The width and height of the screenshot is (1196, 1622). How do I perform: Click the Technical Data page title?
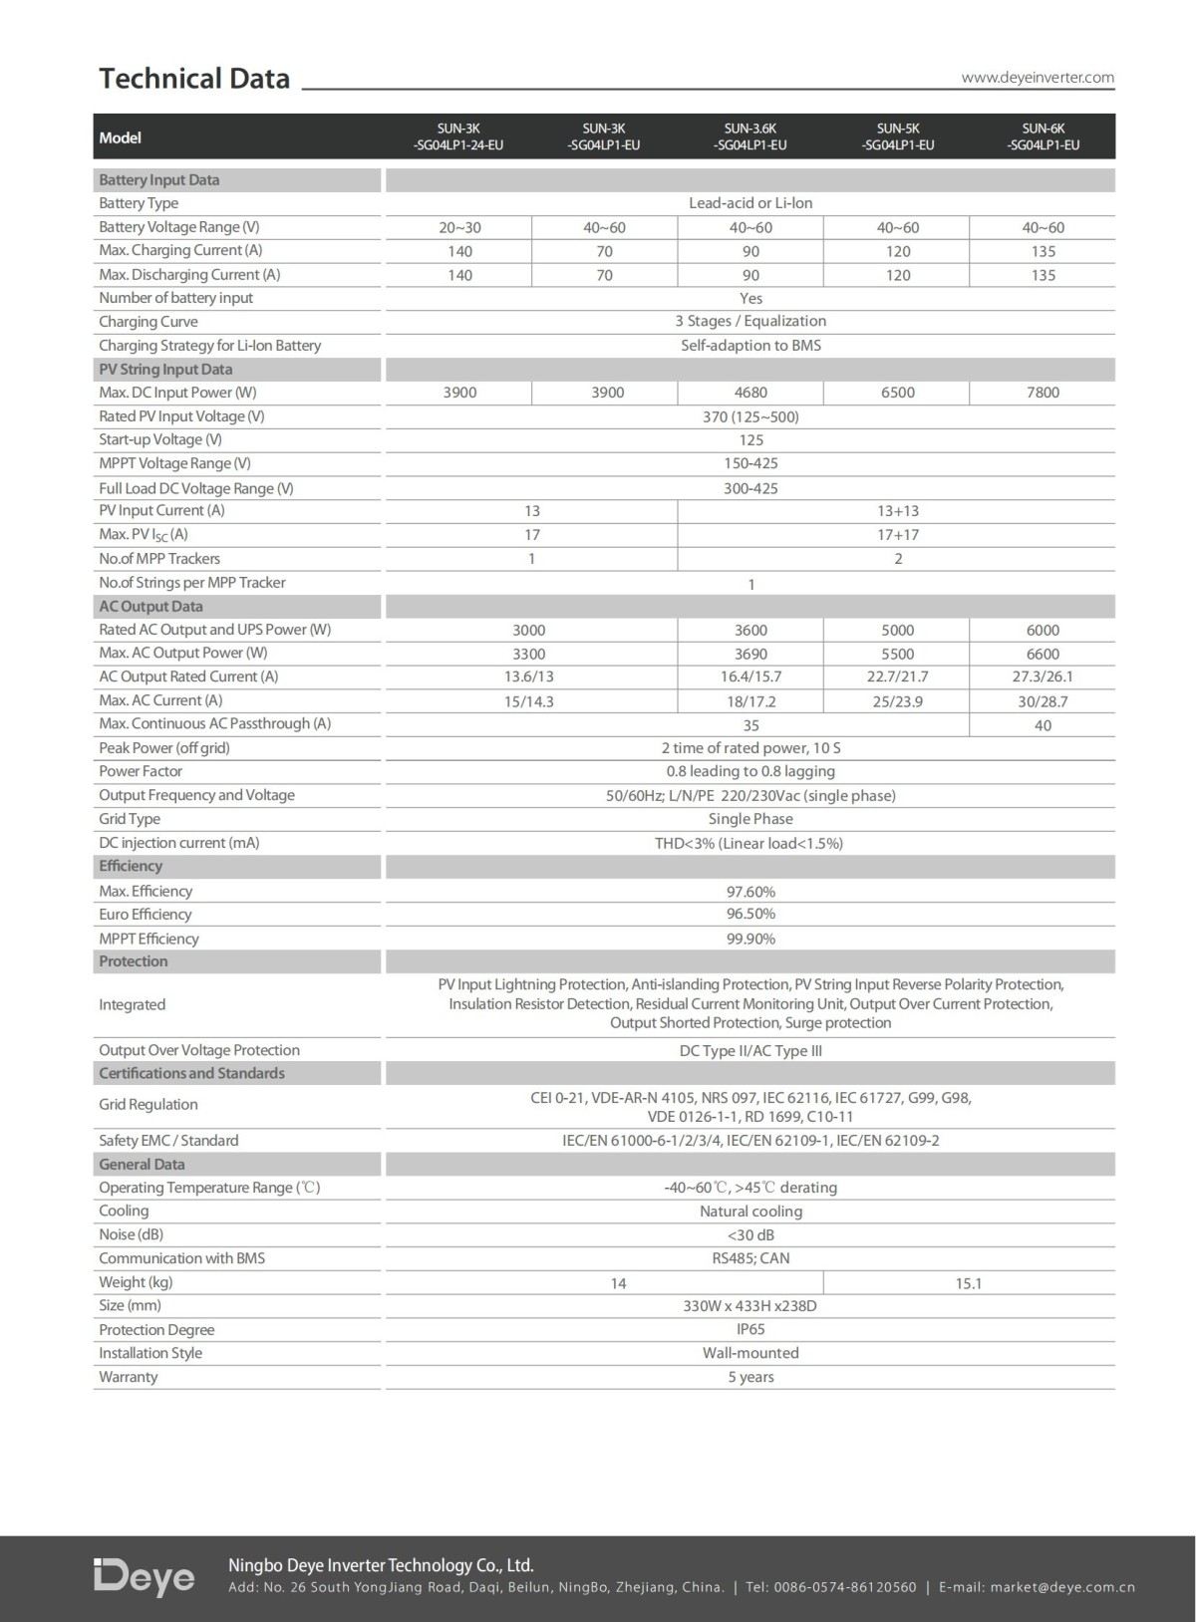point(194,79)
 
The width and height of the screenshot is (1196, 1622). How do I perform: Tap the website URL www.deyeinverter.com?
point(1038,78)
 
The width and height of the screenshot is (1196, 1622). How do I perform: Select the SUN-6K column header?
point(1043,136)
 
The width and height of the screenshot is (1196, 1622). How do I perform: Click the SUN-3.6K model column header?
point(750,136)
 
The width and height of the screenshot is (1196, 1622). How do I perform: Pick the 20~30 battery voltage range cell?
point(459,227)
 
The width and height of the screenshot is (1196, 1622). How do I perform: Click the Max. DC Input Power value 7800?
point(1043,393)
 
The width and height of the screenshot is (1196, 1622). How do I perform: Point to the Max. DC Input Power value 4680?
point(750,393)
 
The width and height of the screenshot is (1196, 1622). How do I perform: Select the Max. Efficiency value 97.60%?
point(750,892)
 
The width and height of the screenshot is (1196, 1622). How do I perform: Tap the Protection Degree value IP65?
point(750,1329)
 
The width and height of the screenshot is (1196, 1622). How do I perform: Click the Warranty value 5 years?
point(750,1377)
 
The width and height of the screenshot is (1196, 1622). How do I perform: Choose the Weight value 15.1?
point(969,1283)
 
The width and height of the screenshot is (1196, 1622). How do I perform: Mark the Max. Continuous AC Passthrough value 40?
point(1043,725)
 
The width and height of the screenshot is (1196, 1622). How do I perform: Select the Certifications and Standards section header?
point(191,1073)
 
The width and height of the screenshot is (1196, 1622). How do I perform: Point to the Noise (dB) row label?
point(131,1234)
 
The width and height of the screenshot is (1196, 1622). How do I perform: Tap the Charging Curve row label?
point(149,322)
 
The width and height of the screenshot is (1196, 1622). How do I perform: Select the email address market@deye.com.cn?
point(1062,1587)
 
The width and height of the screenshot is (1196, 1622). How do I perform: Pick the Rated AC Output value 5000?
point(897,630)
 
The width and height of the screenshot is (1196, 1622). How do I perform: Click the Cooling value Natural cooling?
point(750,1212)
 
